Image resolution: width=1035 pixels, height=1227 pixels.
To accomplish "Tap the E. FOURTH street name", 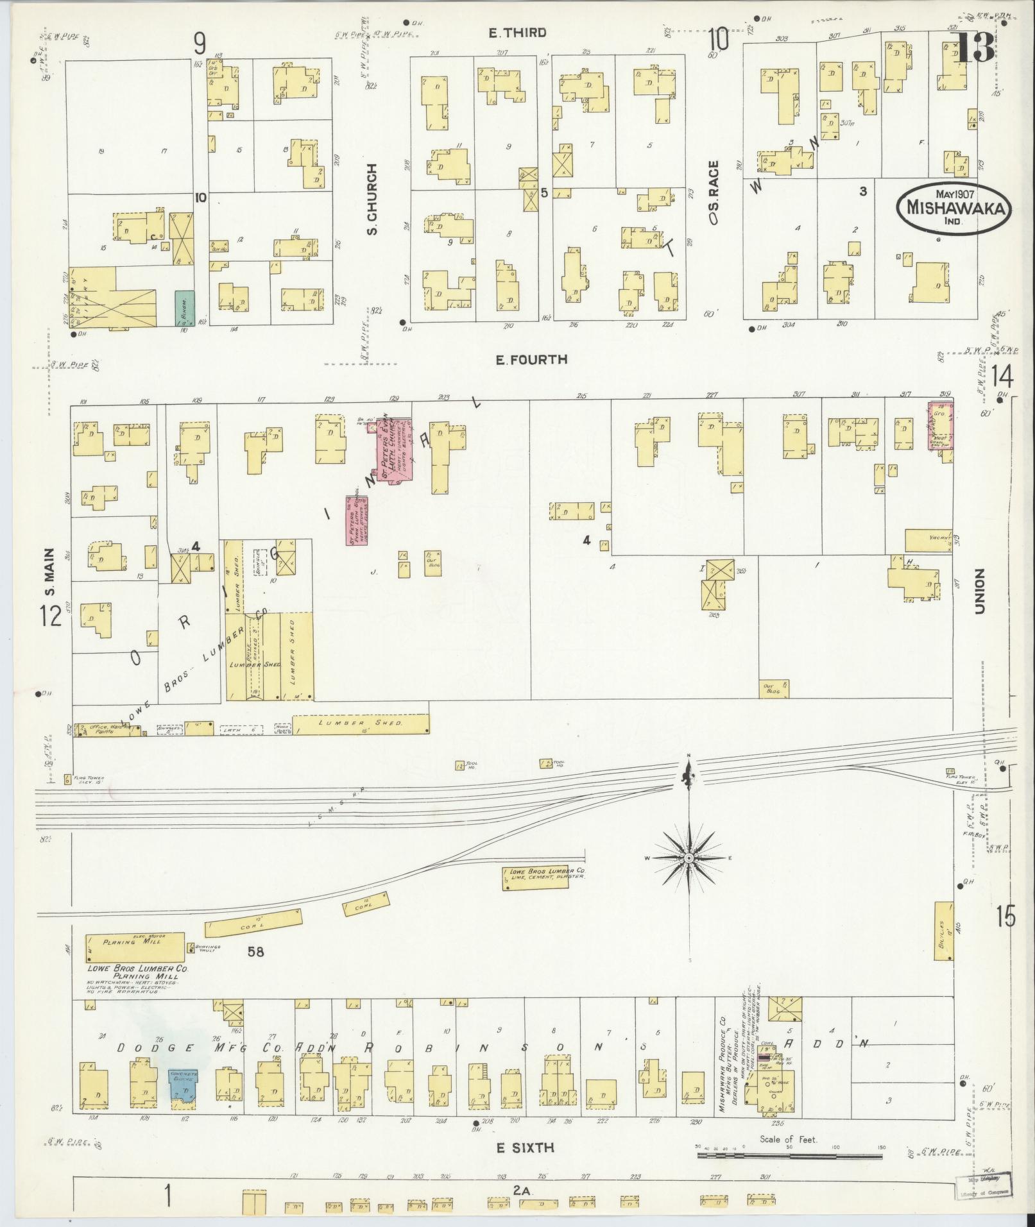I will click(531, 360).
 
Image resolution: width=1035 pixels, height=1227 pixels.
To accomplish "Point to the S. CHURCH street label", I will click(372, 199).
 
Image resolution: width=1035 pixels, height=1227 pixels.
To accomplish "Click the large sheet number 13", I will click(973, 47).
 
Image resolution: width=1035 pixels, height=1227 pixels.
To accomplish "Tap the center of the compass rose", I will click(688, 858).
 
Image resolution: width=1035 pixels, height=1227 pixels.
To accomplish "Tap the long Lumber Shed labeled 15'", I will click(361, 724).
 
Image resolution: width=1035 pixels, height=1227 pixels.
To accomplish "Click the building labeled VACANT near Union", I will click(928, 540).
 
